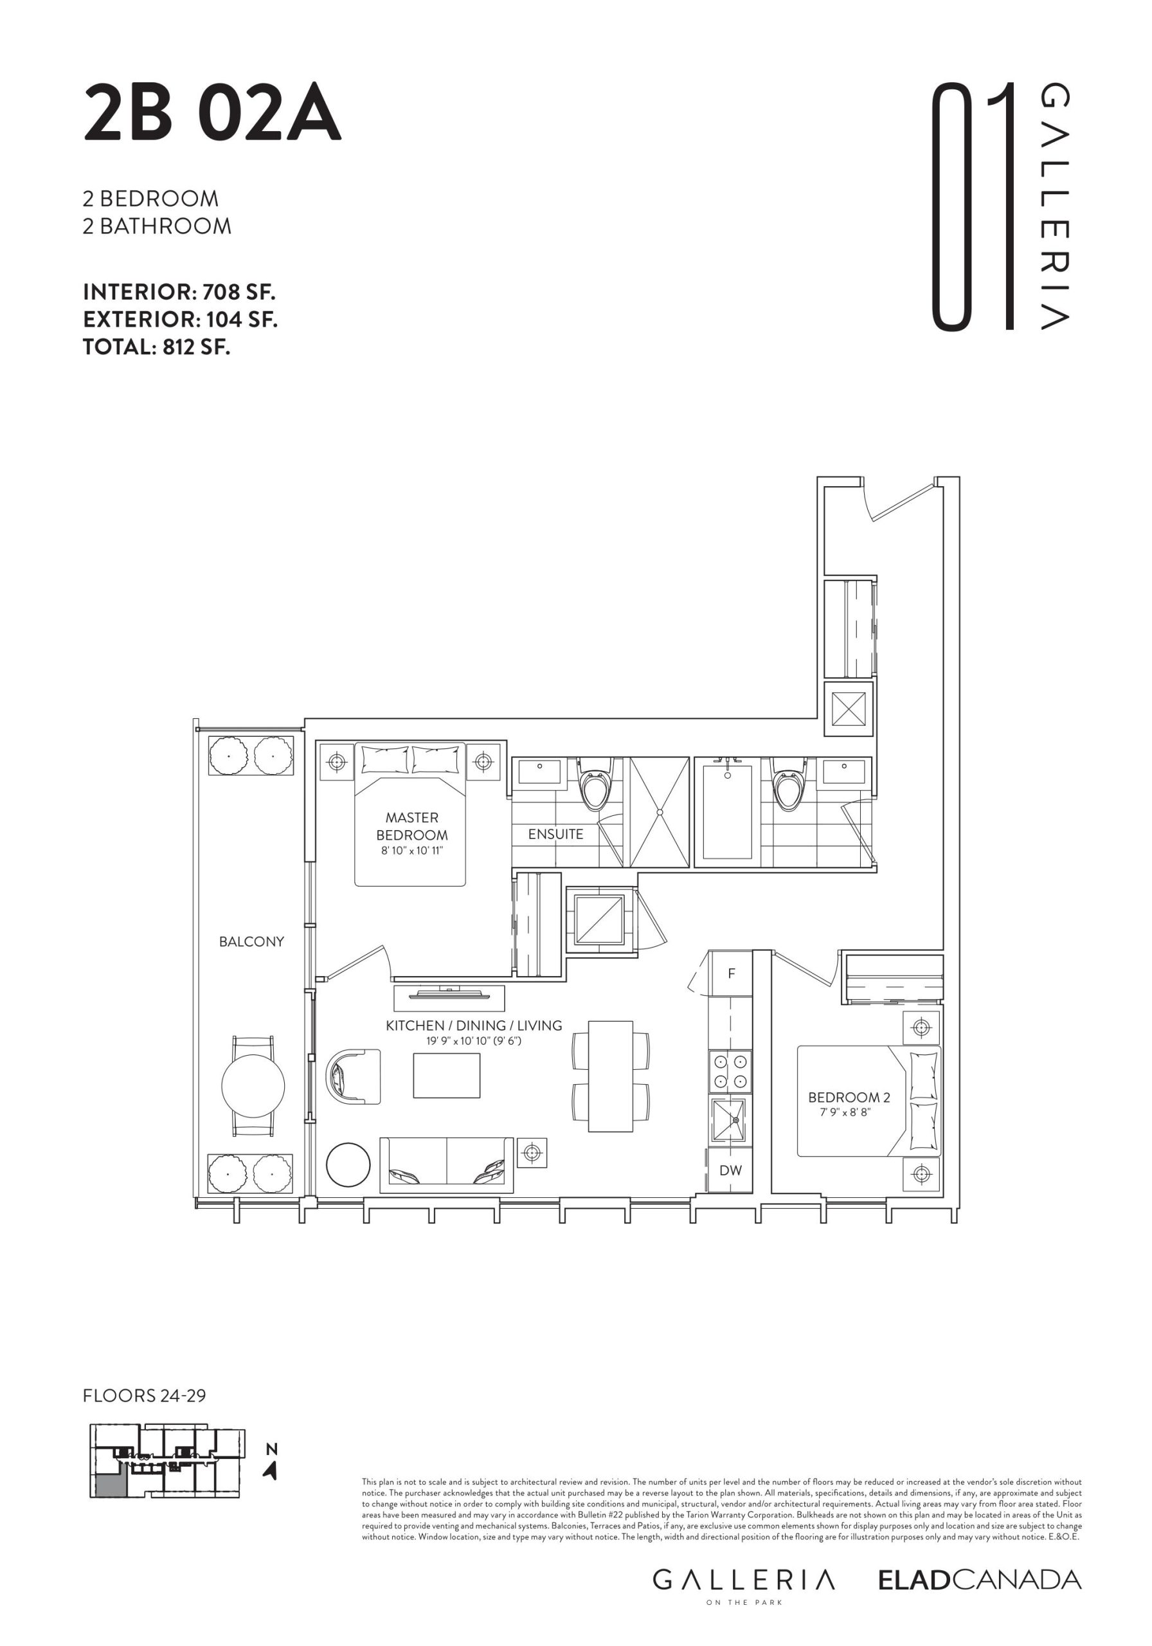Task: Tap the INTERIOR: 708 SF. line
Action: tap(179, 292)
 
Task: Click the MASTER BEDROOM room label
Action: tap(411, 826)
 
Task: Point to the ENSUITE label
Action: tap(555, 834)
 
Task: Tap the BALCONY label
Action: tap(251, 941)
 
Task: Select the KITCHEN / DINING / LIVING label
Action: tap(474, 1026)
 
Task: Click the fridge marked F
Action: tap(730, 973)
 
